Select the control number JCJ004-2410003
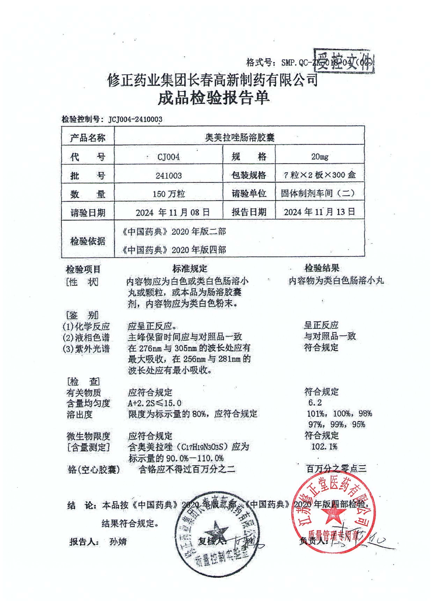click(x=135, y=119)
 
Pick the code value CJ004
click(x=168, y=157)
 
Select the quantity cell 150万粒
click(x=169, y=194)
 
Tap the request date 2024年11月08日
click(x=173, y=212)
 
